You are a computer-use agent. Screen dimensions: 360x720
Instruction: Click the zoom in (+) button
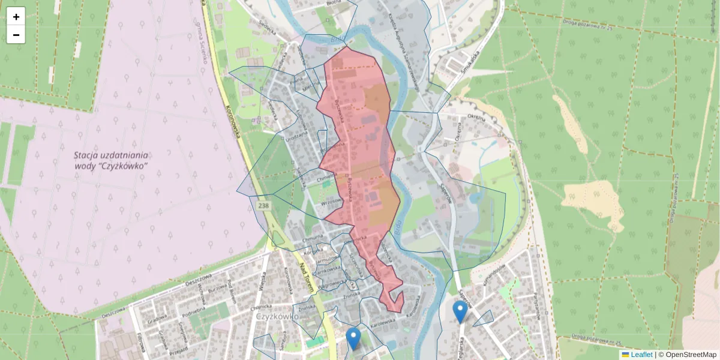click(x=16, y=16)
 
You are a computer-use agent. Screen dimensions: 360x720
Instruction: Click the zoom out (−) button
click(x=16, y=35)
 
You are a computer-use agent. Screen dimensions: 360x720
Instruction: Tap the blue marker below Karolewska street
click(x=354, y=338)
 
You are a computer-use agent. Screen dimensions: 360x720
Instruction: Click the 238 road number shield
click(x=263, y=205)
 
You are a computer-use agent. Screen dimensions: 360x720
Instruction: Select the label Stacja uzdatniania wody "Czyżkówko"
click(x=112, y=160)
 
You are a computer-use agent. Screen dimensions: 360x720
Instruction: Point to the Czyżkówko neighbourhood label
click(x=277, y=316)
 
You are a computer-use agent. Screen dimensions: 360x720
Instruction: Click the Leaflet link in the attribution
click(x=641, y=355)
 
